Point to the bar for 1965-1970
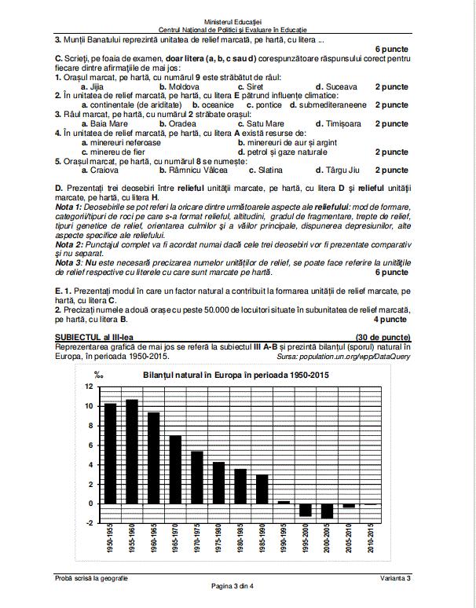coord(175,469)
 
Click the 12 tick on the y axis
coord(89,386)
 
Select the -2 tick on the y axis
coord(89,522)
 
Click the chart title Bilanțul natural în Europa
coord(236,374)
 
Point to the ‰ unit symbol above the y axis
coord(98,375)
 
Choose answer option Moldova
coord(178,86)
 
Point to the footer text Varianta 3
coord(392,578)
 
